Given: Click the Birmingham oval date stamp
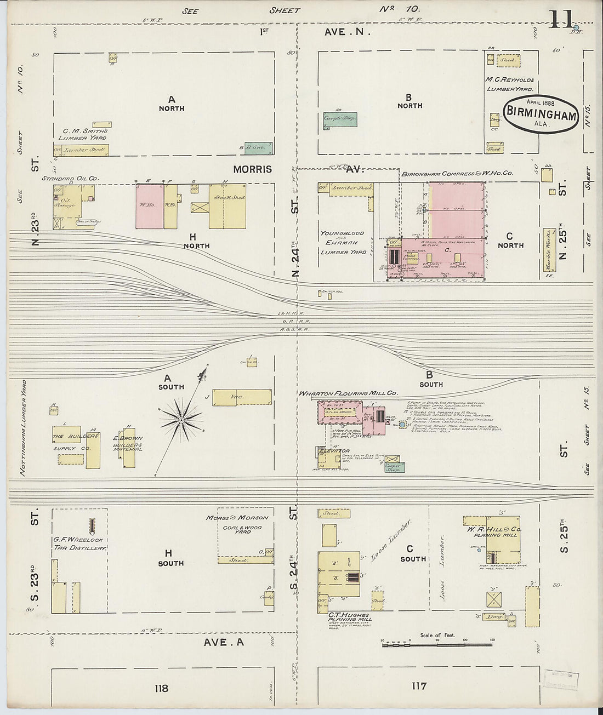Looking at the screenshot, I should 541,114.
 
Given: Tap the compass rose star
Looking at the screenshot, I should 180,420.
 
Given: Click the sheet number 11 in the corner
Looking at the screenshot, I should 561,20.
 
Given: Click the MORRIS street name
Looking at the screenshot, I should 252,169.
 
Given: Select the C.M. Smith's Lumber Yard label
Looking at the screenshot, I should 85,135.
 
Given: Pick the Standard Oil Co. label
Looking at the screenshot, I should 70,179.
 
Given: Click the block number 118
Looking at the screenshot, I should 161,688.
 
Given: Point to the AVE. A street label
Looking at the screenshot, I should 223,642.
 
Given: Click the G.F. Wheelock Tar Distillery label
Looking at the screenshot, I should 79,543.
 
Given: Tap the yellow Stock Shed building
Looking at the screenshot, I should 227,205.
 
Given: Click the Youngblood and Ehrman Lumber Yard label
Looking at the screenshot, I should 343,242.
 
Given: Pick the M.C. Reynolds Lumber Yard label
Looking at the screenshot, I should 509,84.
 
